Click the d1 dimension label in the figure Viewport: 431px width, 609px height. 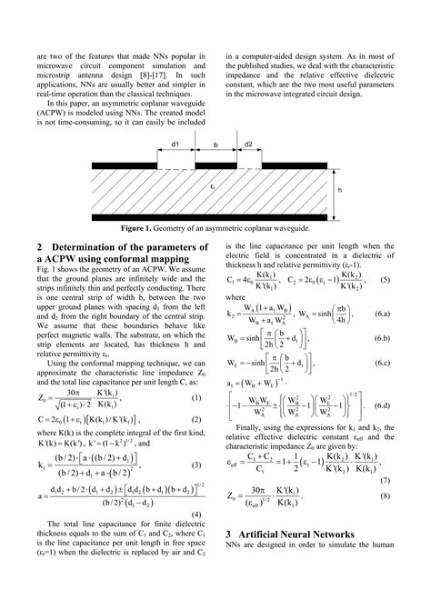click(174, 145)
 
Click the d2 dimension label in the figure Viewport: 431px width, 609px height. click(249, 145)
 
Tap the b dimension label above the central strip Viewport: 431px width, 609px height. click(215, 145)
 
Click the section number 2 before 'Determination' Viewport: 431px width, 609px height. click(40, 246)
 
